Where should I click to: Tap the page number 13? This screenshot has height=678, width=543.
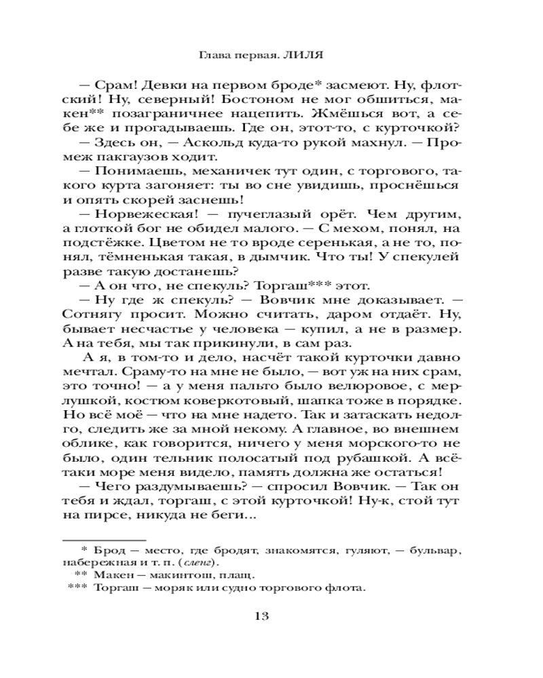pyautogui.click(x=262, y=616)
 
